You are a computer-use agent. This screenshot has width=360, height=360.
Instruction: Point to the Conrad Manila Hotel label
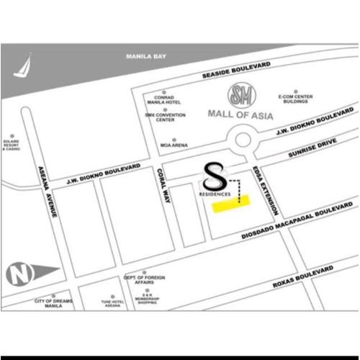[164, 104]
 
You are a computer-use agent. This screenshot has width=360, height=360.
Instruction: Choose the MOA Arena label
[174, 145]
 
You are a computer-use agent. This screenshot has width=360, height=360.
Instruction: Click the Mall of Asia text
[240, 113]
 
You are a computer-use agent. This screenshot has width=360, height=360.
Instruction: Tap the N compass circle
[19, 274]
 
